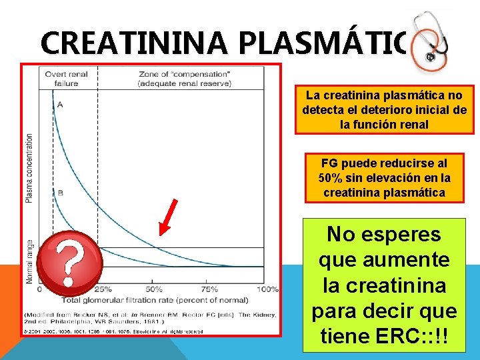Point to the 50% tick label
[x=153, y=289]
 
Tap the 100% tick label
[x=267, y=289]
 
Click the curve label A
[x=61, y=105]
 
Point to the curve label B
[x=61, y=193]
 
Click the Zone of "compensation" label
[x=185, y=74]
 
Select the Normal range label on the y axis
[x=29, y=262]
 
